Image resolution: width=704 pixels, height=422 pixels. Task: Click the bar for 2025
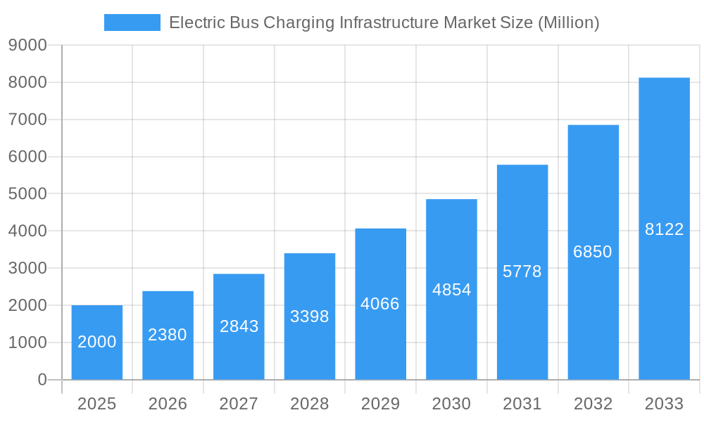[97, 343]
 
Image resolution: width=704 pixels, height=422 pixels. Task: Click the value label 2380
[168, 335]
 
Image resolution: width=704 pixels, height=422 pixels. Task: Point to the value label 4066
[380, 304]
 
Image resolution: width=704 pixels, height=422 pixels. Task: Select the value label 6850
[593, 252]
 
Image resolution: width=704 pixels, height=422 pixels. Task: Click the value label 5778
[522, 271]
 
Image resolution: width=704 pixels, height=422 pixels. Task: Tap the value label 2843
[239, 326]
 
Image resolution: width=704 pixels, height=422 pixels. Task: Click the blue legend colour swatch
[132, 23]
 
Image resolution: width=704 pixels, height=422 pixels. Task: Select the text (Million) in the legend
[568, 23]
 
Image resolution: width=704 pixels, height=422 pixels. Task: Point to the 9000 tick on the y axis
[27, 45]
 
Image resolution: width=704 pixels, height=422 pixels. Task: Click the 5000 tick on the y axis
[27, 194]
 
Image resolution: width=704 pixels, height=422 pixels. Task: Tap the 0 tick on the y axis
[42, 380]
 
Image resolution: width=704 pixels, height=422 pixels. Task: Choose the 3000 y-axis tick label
[27, 268]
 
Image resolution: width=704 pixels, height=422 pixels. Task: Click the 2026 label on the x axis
[168, 404]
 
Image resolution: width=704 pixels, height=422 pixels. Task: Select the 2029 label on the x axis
[380, 404]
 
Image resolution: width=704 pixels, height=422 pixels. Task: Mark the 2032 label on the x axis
[593, 404]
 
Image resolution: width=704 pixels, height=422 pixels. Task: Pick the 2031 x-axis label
[522, 404]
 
